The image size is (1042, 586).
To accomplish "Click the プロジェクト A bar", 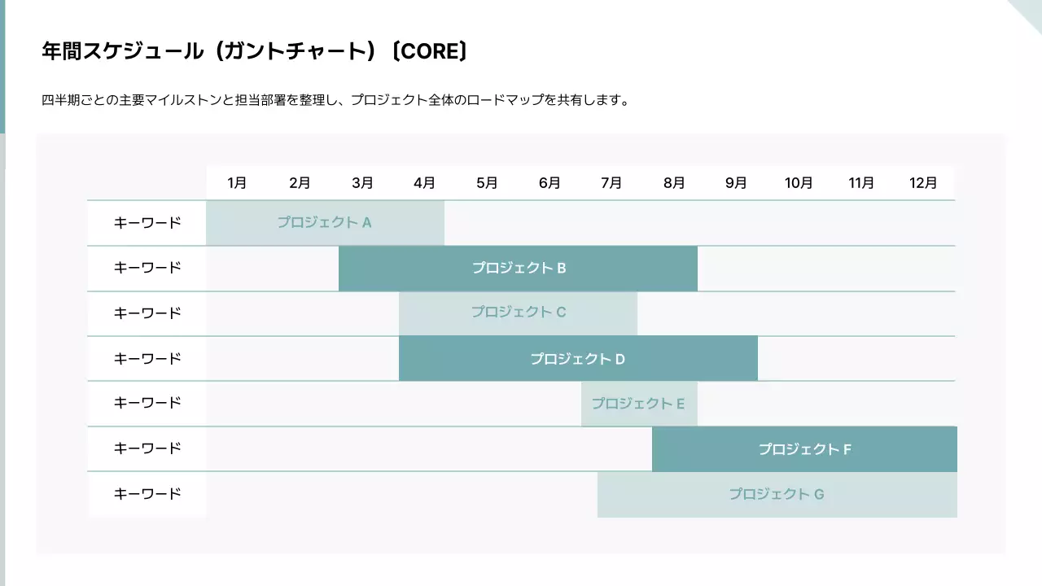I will (325, 222).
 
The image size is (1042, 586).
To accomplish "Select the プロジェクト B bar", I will (518, 268).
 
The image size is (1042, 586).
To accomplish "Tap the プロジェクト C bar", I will (518, 313).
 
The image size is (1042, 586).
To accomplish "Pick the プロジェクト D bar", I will (578, 358).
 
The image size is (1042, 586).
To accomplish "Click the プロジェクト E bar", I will (639, 404).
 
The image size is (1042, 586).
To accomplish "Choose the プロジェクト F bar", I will (804, 449).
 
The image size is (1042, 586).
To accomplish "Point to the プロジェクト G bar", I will (777, 494).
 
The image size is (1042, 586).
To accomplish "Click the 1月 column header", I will (237, 183).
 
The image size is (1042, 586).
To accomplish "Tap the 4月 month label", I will (424, 183).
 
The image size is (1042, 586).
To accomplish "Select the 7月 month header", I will (611, 183).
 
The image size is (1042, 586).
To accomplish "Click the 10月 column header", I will (799, 183).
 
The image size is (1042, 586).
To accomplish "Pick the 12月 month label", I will (923, 183).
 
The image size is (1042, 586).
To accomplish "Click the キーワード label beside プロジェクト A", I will (147, 222).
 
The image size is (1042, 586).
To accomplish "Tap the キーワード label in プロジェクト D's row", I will (147, 358).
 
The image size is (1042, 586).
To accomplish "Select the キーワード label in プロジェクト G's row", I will (147, 494).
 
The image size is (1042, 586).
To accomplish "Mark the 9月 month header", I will (736, 183).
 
